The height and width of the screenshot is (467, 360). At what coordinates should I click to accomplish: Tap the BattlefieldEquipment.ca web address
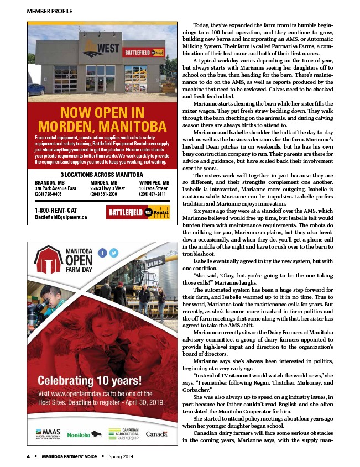pos(61,217)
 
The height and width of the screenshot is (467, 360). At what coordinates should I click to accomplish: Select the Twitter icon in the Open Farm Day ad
pos(114,252)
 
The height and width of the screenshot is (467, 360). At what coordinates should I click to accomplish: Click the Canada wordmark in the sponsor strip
pos(156,434)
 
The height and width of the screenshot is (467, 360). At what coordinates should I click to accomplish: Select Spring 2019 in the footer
pos(121,456)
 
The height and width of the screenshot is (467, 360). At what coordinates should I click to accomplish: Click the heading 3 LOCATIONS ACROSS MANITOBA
pos(101,175)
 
